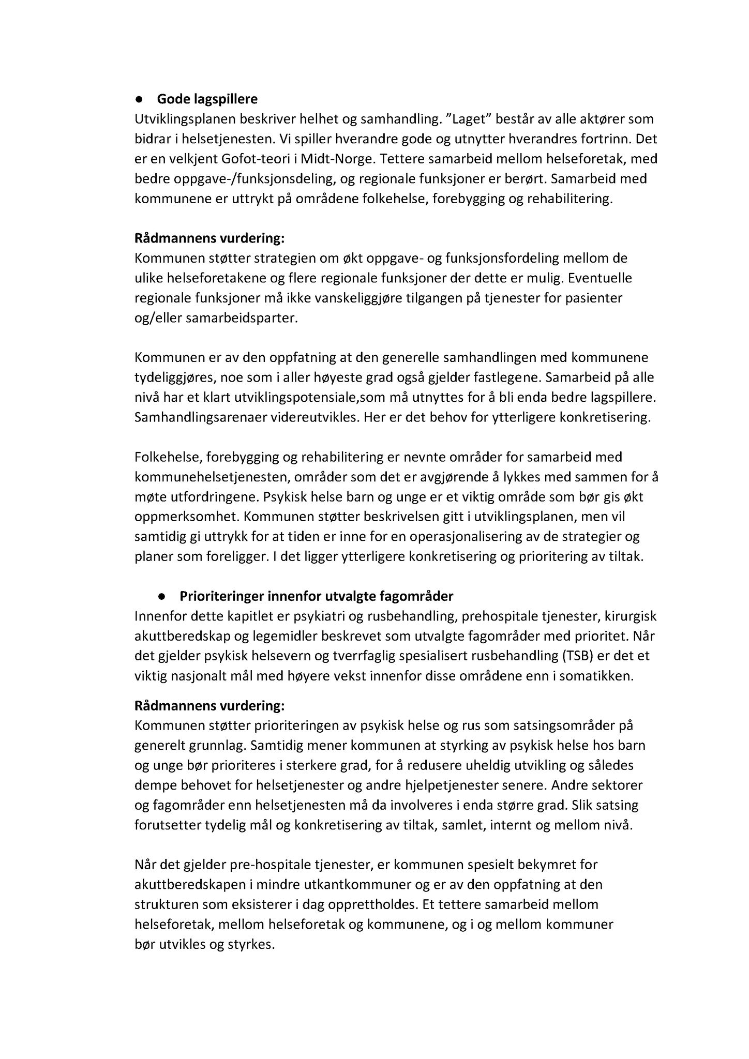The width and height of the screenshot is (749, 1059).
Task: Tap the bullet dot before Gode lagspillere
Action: point(139,99)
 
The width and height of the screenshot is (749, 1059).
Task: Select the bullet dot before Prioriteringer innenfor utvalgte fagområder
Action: point(162,596)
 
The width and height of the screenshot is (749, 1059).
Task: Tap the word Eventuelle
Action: point(600,278)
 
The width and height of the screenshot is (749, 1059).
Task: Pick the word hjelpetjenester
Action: point(447,785)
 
